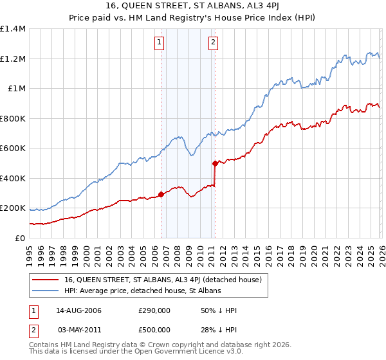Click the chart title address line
tap(193, 6)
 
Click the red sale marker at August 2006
tap(161, 195)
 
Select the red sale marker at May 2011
tap(215, 164)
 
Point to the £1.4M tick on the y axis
tap(13, 29)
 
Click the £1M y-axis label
tap(15, 89)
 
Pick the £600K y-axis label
tap(13, 148)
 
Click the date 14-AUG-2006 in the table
tap(78, 310)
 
